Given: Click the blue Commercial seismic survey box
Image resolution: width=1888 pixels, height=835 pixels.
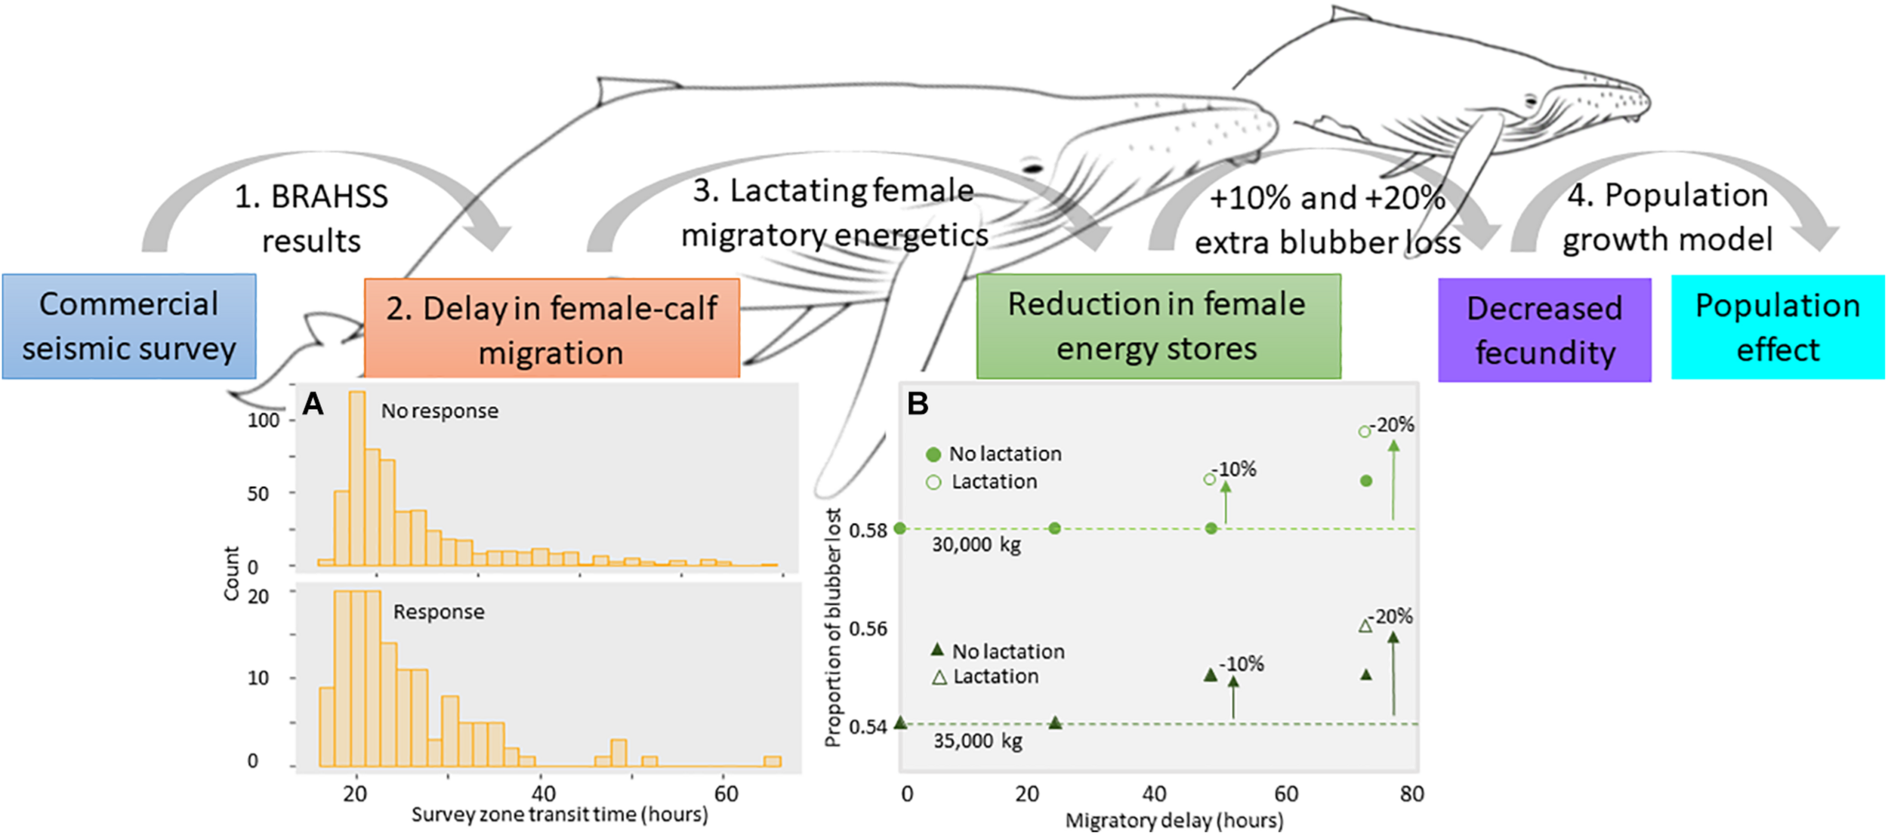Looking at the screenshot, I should [128, 326].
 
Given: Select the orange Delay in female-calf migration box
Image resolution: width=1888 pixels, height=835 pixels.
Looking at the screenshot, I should [551, 328].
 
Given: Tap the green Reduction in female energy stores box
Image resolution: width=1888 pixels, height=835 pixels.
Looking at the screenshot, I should [1158, 326].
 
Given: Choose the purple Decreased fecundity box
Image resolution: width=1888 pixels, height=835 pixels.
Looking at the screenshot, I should [1544, 330].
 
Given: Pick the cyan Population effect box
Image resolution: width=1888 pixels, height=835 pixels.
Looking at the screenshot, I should [1777, 327].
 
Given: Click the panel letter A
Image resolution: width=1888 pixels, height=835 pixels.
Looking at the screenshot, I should [313, 405].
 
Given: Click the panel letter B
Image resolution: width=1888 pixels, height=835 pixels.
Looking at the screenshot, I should [918, 404].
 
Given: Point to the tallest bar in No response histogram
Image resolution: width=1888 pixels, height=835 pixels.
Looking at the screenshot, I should [357, 477].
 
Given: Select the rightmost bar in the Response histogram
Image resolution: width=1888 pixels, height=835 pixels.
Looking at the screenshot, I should [772, 761].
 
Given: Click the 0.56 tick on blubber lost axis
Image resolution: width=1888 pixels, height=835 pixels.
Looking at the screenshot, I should [868, 629].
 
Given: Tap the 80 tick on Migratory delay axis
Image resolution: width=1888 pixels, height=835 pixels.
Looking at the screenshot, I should [1411, 793].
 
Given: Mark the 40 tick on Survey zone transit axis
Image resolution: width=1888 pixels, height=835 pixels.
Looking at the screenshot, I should [543, 793].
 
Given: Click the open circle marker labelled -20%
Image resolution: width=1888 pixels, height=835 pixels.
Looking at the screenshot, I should [1364, 432].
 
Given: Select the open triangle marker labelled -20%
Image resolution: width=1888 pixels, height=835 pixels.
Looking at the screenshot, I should [1365, 626].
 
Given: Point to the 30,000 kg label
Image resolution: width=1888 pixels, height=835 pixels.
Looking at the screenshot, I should [976, 544].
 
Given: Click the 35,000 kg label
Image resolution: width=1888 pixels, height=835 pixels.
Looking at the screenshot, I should [977, 741].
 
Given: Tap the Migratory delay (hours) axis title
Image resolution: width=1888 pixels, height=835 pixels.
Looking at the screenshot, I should [1174, 821].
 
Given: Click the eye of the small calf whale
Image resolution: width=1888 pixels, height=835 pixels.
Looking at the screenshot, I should [1530, 100].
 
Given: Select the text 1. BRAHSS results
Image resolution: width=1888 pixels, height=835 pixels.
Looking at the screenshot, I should [311, 219].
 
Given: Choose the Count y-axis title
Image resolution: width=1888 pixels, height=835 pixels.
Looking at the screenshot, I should [231, 573].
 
